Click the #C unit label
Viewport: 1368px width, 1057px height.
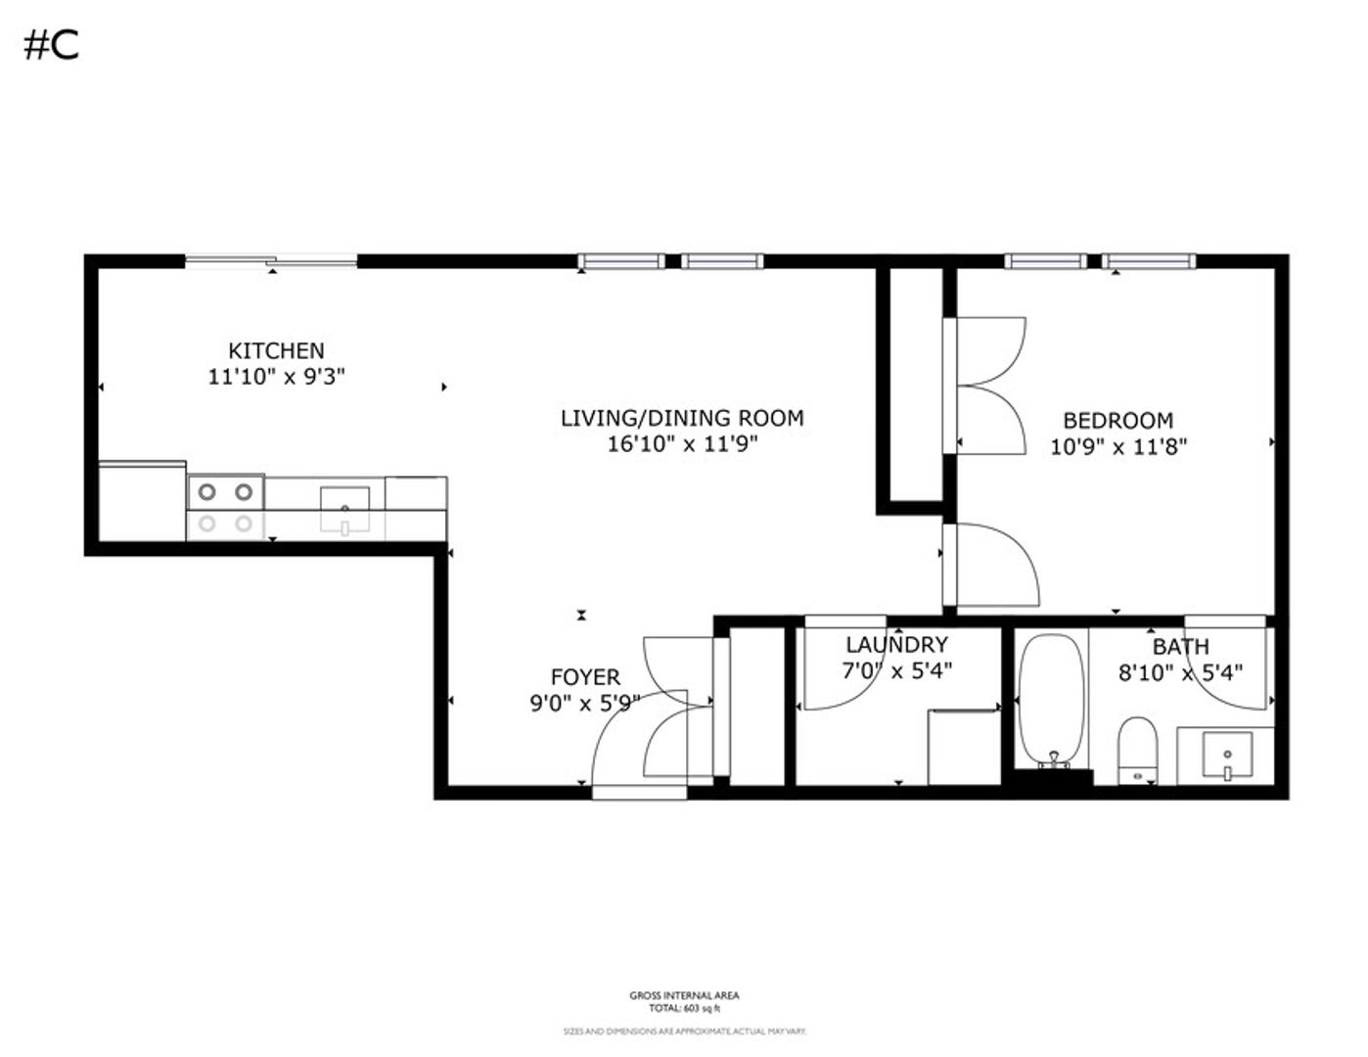click(51, 45)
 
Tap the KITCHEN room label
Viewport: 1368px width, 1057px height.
click(276, 350)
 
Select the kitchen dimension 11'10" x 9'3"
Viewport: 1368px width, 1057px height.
click(276, 377)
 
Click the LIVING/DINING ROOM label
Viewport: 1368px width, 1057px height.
click(682, 418)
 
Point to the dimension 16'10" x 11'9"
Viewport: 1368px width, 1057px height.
click(682, 444)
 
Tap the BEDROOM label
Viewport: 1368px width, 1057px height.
click(1117, 421)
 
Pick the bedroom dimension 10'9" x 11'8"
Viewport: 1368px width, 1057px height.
click(1117, 447)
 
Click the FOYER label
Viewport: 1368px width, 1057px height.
click(585, 677)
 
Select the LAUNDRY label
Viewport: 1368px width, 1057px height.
click(896, 645)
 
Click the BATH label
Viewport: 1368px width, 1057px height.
click(1180, 647)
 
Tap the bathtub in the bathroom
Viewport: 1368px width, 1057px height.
click(1052, 700)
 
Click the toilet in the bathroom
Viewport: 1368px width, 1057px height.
click(1137, 749)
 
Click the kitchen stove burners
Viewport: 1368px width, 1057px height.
click(225, 507)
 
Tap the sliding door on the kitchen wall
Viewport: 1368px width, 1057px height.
click(271, 260)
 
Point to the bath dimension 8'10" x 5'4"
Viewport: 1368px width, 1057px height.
click(1180, 673)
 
